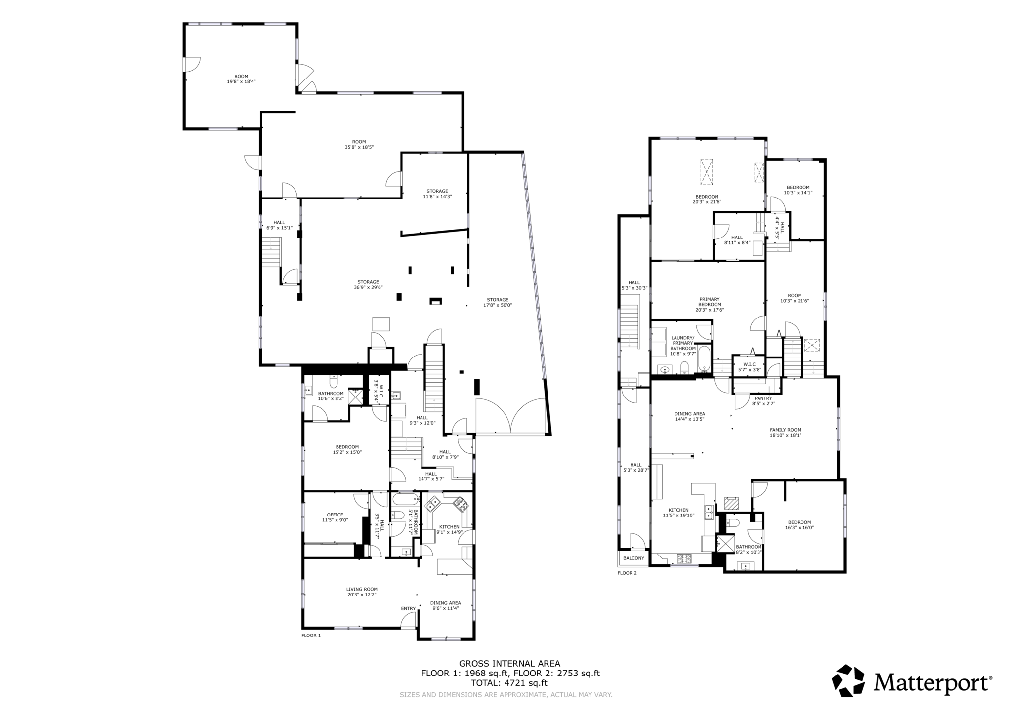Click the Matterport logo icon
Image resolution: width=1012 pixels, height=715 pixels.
pyautogui.click(x=848, y=681)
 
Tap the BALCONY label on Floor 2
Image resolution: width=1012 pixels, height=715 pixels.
pyautogui.click(x=633, y=558)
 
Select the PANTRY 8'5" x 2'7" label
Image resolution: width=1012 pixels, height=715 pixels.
pyautogui.click(x=763, y=401)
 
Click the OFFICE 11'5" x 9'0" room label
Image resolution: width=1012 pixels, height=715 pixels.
pyautogui.click(x=335, y=517)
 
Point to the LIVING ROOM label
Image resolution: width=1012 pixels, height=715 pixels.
pyautogui.click(x=362, y=592)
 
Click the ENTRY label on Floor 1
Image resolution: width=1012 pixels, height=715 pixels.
pyautogui.click(x=408, y=608)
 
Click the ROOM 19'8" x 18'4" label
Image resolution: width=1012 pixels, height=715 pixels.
pyautogui.click(x=241, y=79)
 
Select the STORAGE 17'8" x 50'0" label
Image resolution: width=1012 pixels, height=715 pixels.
pyautogui.click(x=497, y=302)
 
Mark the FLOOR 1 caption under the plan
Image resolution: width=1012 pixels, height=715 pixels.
pyautogui.click(x=311, y=636)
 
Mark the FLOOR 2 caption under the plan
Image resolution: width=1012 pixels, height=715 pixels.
pyautogui.click(x=627, y=573)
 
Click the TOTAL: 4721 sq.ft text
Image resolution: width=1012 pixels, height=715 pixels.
pyautogui.click(x=509, y=683)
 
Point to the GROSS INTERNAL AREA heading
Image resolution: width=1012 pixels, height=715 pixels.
pyautogui.click(x=509, y=664)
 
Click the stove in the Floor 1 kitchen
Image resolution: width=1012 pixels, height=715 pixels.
pyautogui.click(x=460, y=504)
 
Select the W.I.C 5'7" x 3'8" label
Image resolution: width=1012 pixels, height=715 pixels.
pyautogui.click(x=749, y=367)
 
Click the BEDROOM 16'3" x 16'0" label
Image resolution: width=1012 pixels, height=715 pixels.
pyautogui.click(x=799, y=525)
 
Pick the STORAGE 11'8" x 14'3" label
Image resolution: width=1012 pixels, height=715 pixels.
pyautogui.click(x=437, y=194)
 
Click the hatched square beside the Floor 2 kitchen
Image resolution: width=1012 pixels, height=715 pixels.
pyautogui.click(x=731, y=503)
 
